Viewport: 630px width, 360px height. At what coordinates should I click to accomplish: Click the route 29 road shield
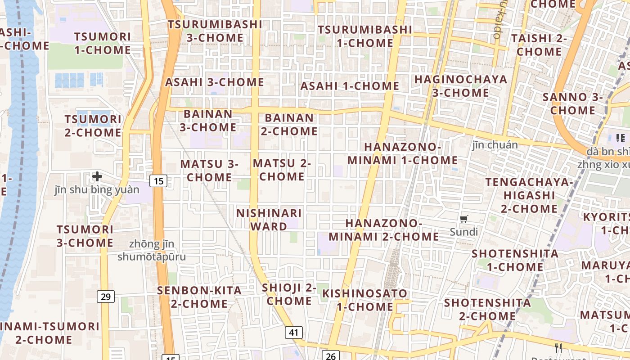106,297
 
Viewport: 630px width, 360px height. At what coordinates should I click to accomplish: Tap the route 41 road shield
293,333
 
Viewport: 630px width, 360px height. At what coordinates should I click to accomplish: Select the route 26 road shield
331,356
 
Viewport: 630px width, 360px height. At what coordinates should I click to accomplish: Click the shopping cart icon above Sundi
464,219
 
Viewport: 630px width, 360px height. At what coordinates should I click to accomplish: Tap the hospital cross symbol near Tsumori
97,176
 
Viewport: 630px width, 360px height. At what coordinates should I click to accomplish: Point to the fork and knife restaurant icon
558,348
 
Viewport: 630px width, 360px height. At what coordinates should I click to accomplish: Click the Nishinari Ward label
269,220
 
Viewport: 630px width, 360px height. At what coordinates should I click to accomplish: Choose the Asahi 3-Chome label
215,82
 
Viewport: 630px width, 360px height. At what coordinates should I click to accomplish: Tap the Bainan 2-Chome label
289,125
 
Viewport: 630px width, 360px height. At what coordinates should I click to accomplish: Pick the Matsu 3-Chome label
209,171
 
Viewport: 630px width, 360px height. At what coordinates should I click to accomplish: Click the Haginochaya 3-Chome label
460,86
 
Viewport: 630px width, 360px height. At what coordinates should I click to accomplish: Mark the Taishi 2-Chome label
539,45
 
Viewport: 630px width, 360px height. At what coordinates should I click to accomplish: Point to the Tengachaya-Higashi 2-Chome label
529,195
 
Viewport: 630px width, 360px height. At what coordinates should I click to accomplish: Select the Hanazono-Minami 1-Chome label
402,154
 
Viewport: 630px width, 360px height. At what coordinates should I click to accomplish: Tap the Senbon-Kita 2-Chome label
199,297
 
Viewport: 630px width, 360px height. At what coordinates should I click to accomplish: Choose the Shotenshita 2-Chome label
487,309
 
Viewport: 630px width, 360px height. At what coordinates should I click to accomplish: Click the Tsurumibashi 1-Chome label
365,36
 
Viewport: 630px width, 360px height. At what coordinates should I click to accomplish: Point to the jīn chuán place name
495,145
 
